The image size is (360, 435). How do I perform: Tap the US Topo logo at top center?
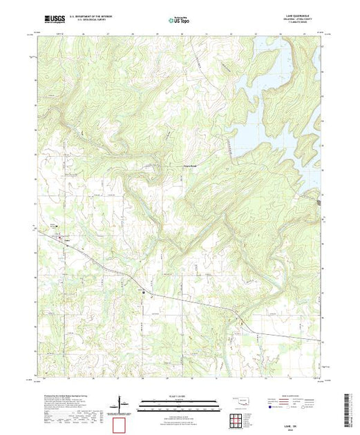[x=181, y=21]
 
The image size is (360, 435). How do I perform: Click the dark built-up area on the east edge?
[x=319, y=202]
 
